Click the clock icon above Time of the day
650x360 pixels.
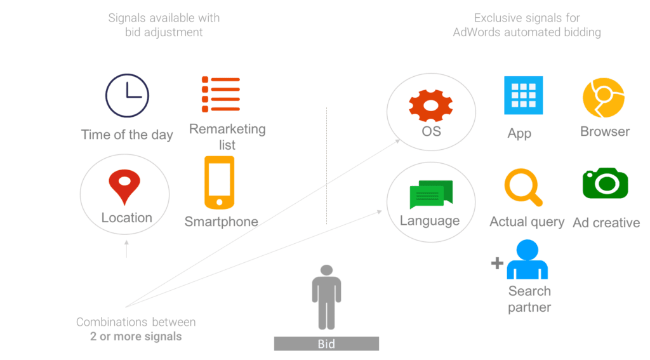pyautogui.click(x=127, y=97)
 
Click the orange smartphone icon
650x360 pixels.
pyautogui.click(x=219, y=183)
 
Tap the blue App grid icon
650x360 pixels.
pyautogui.click(x=523, y=95)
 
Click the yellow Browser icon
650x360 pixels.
pyautogui.click(x=604, y=97)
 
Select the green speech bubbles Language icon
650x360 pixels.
pyautogui.click(x=431, y=194)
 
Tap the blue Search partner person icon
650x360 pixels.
pyautogui.click(x=526, y=259)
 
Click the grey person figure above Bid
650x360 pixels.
pyautogui.click(x=326, y=297)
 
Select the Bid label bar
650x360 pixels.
pyautogui.click(x=326, y=344)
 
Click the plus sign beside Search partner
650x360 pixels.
pyautogui.click(x=497, y=262)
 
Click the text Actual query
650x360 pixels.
pyautogui.click(x=527, y=222)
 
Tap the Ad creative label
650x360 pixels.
pyautogui.click(x=606, y=222)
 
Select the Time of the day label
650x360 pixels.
pyautogui.click(x=127, y=135)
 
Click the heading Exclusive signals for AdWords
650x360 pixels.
pyautogui.click(x=527, y=25)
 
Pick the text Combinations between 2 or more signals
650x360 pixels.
pyautogui.click(x=136, y=329)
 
